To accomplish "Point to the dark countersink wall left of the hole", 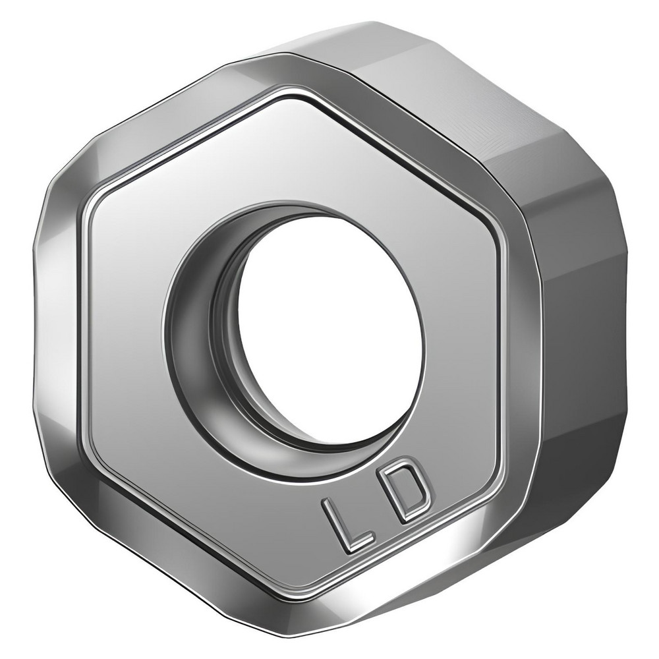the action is point(198,336).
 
